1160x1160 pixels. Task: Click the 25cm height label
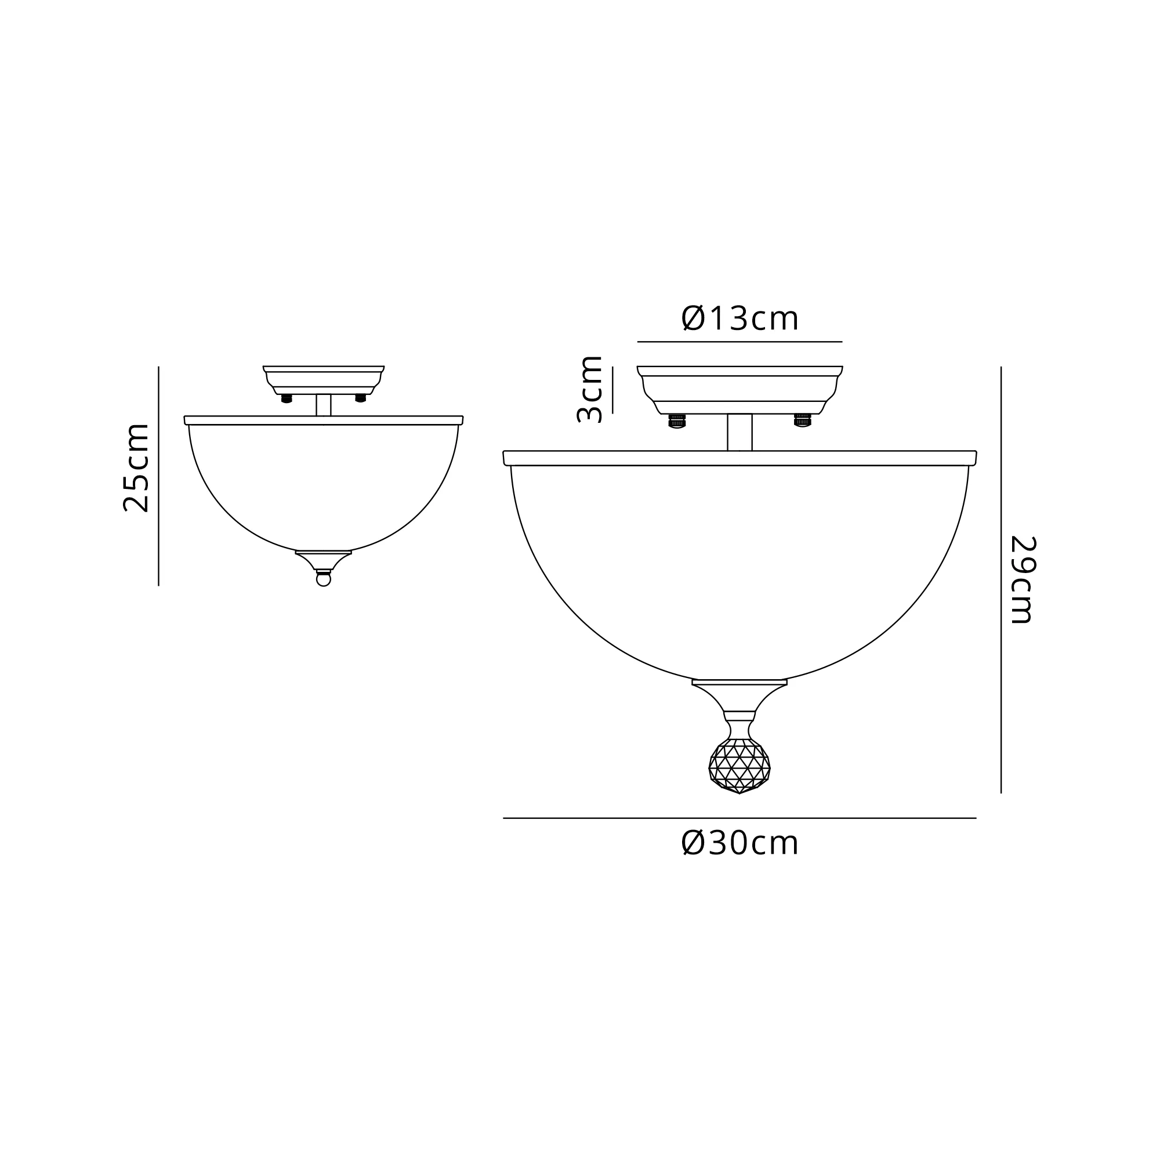tap(135, 467)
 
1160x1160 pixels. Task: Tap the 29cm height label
tap(1024, 579)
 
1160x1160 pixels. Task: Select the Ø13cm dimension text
tap(739, 318)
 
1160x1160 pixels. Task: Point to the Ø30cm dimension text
tap(739, 843)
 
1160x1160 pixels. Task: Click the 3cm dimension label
tap(589, 390)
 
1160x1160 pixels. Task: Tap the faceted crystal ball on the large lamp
tap(739, 766)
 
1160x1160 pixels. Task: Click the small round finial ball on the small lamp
tap(324, 579)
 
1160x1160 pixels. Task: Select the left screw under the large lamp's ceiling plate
tap(677, 420)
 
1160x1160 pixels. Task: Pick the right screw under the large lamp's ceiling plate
tap(803, 420)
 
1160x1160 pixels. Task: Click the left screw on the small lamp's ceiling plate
tap(287, 398)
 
